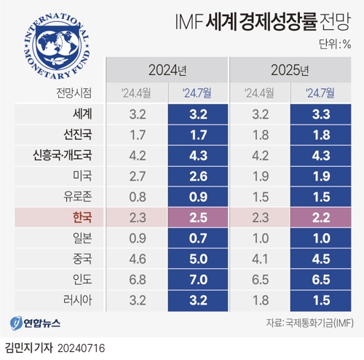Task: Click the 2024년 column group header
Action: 167,71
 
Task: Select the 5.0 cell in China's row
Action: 198,258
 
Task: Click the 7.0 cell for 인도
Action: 198,278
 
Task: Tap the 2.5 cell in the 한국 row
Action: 198,217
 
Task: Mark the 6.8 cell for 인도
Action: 137,278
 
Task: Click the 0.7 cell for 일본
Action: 198,238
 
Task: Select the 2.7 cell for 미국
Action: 137,176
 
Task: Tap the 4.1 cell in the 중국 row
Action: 260,258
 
